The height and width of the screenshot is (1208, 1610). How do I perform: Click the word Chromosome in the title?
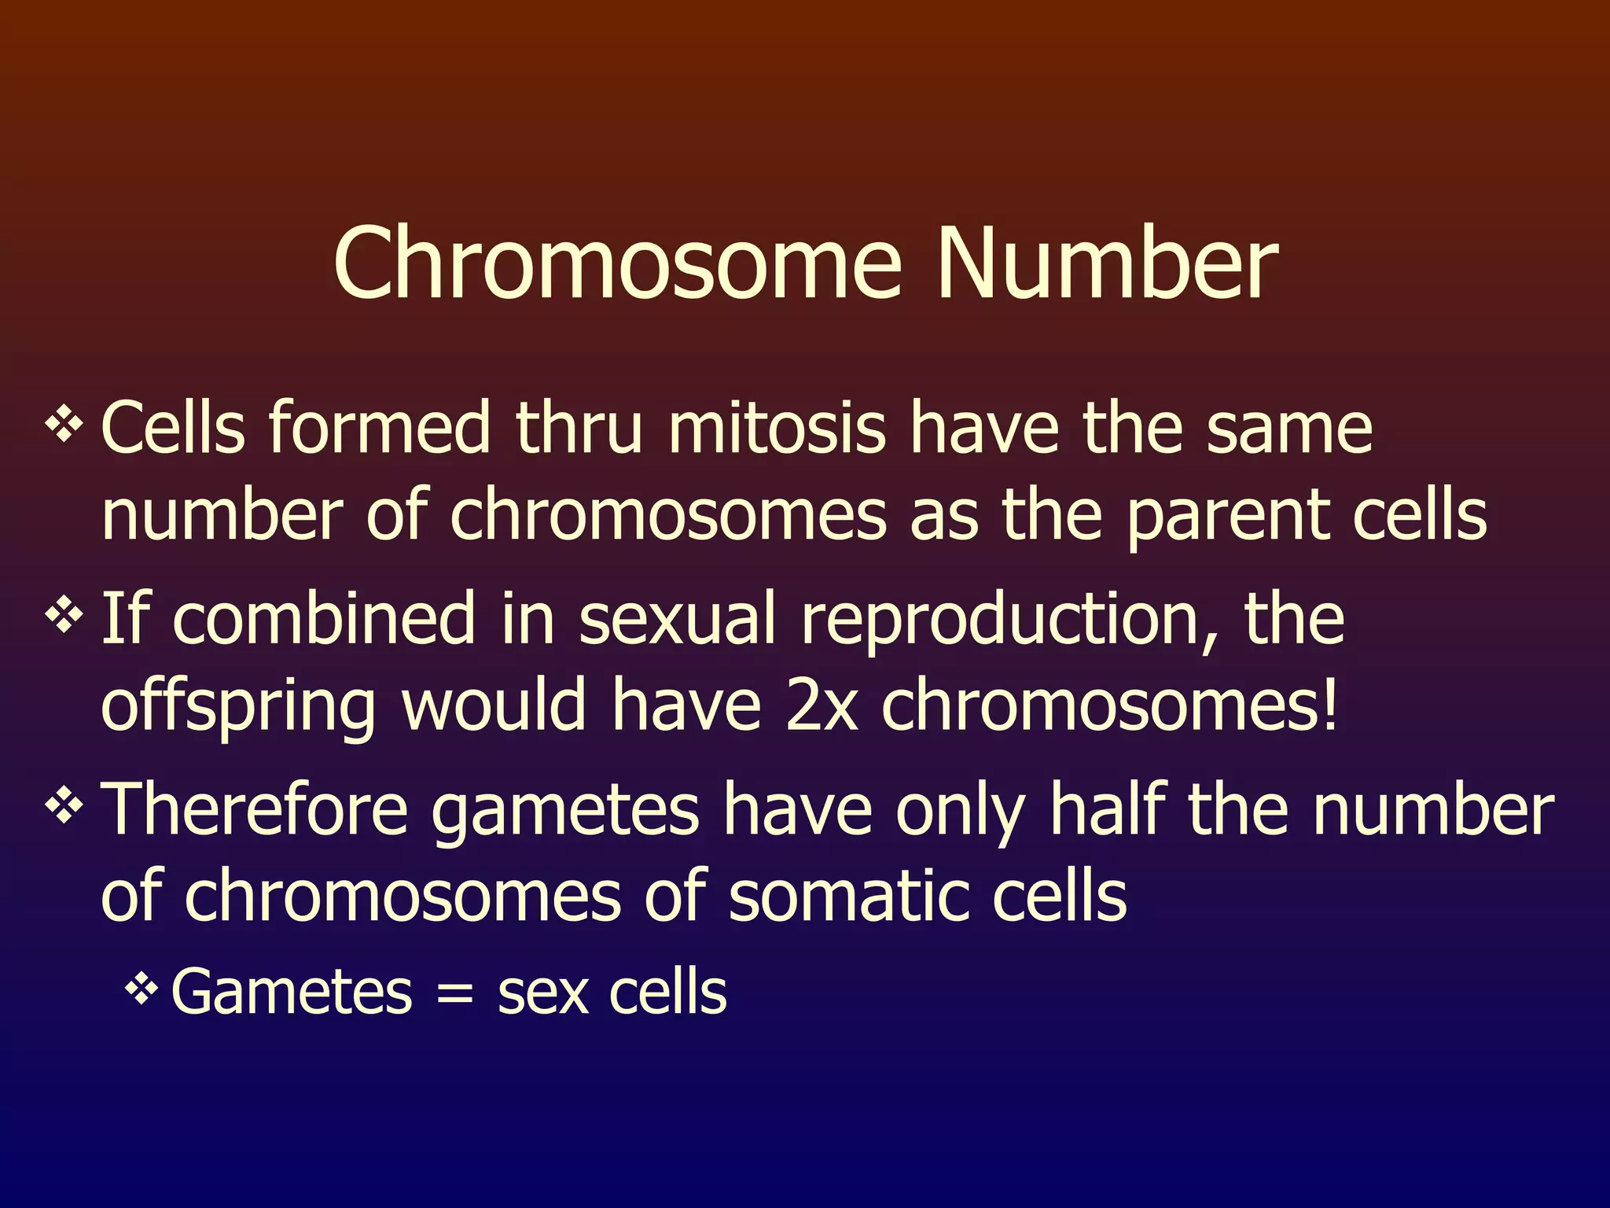[617, 263]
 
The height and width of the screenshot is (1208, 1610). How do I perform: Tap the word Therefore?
[255, 811]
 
